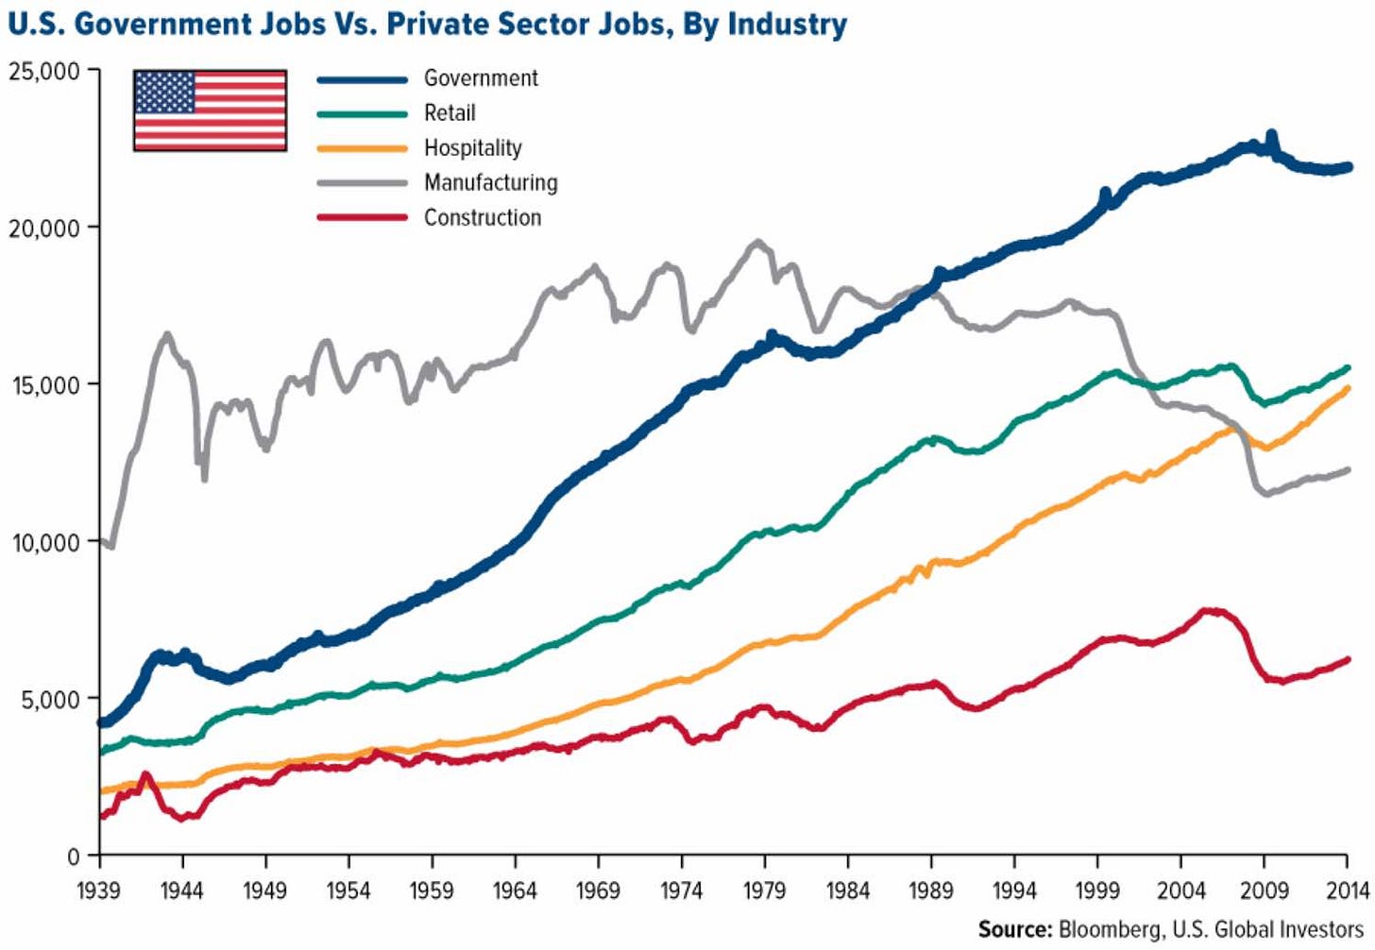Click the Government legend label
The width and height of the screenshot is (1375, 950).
(x=481, y=78)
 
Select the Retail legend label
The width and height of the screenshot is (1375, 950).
(x=450, y=113)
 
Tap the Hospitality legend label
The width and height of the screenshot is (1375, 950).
(x=472, y=148)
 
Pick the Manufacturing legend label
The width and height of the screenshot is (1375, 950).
(x=490, y=182)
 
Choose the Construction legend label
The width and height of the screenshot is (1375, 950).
(x=483, y=218)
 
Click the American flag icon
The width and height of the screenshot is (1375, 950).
(x=210, y=110)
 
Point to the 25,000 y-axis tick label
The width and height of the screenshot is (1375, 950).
(x=44, y=72)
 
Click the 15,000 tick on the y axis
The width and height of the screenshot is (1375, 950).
(x=44, y=385)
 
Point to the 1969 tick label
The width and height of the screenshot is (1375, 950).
(x=598, y=891)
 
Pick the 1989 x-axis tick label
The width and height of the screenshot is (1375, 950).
(x=931, y=891)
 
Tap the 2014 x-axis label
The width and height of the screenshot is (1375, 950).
(x=1347, y=891)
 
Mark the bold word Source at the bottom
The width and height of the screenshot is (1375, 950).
(x=1014, y=929)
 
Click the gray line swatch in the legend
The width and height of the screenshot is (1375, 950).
(x=362, y=183)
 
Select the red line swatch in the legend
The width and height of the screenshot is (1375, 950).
(x=362, y=218)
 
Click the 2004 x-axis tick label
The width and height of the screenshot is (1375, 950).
(x=1180, y=891)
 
